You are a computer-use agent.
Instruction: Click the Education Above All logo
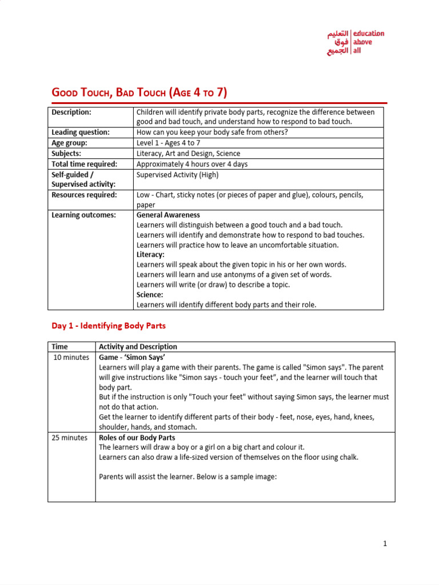[356, 42]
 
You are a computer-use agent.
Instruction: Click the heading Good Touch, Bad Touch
[139, 93]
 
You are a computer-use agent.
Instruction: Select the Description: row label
[71, 113]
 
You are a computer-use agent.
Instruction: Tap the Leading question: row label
[81, 133]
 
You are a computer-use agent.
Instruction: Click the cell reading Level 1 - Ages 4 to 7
[169, 143]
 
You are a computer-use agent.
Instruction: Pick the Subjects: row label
[66, 153]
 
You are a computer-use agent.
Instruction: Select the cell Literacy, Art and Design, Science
[188, 153]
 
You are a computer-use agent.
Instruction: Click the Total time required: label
[84, 164]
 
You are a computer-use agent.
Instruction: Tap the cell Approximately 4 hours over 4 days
[192, 164]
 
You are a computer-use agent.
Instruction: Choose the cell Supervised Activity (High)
[177, 175]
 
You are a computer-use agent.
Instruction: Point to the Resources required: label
[84, 195]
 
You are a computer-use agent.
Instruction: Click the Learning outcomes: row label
[83, 215]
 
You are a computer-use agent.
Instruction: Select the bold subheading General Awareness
[168, 215]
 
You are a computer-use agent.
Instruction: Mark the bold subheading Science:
[150, 295]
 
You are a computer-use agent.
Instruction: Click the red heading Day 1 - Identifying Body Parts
[109, 326]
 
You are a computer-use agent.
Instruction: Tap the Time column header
[59, 347]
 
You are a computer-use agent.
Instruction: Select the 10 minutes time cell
[71, 357]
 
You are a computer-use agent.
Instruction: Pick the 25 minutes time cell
[71, 438]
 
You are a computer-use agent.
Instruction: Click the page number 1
[385, 544]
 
